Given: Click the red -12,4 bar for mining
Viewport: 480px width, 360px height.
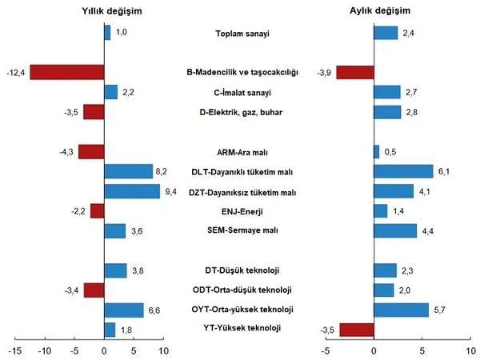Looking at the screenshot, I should click(x=67, y=72).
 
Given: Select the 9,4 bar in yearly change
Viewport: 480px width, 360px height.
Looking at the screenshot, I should click(x=132, y=191).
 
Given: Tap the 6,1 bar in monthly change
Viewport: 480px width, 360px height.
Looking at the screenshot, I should click(x=403, y=171).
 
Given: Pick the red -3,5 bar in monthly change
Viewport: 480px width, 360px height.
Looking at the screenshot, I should click(x=357, y=329).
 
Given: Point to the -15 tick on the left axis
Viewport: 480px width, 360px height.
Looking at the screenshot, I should click(x=15, y=350).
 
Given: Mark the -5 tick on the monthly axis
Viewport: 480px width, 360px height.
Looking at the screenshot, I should click(x=326, y=350).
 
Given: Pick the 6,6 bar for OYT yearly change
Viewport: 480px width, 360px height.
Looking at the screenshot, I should click(x=124, y=310).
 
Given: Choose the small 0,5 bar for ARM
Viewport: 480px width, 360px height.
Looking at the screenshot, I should click(x=376, y=151).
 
